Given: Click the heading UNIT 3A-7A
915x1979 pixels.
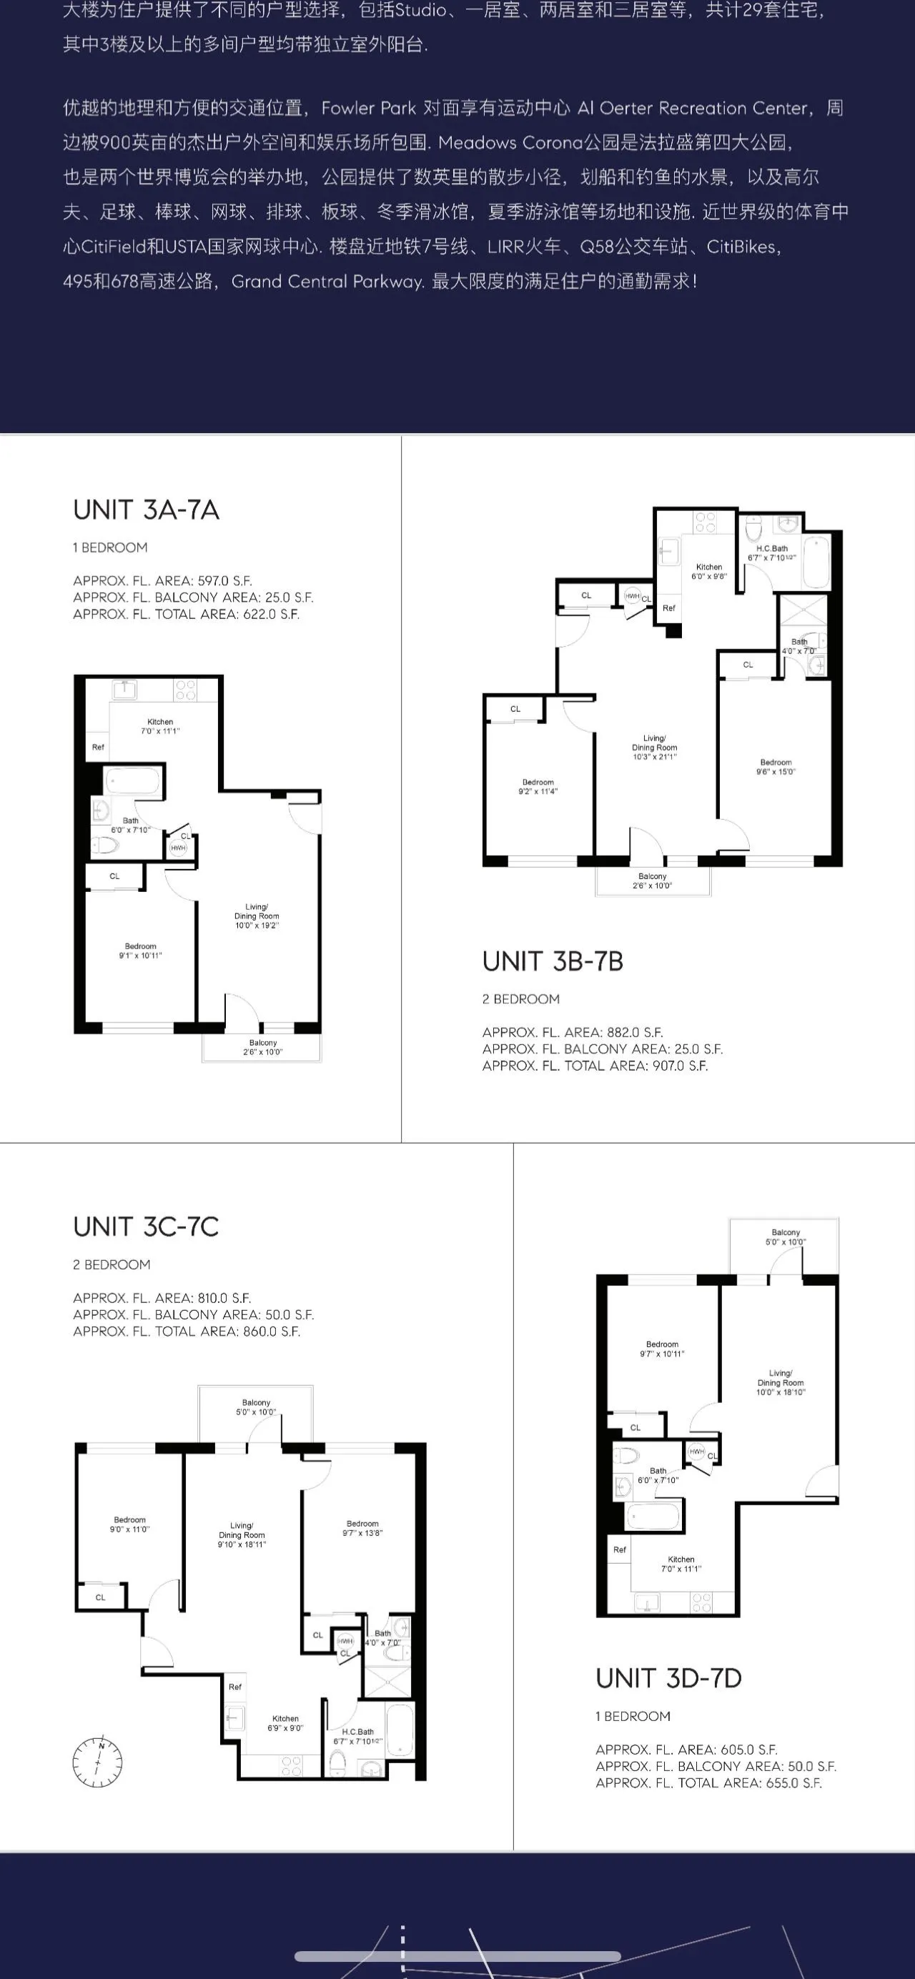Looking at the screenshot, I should [x=146, y=510].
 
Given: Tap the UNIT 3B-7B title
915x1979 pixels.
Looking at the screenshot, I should [x=553, y=961].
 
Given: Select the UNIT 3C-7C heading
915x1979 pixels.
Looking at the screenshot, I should [x=146, y=1227].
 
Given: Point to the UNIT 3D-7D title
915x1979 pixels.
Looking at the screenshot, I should [x=668, y=1678].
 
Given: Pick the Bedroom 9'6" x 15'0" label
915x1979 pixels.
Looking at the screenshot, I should [x=776, y=767].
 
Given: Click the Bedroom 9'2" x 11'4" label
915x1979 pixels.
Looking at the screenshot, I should [x=538, y=786].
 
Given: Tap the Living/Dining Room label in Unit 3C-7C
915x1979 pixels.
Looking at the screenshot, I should [x=242, y=1535].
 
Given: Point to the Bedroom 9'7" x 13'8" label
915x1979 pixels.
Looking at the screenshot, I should [x=362, y=1528].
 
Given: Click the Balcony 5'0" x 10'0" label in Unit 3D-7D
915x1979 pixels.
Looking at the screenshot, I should [x=785, y=1237].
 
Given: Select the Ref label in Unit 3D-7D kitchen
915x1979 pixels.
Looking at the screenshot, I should [x=620, y=1549].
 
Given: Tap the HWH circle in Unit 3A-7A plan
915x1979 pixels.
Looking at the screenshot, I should [x=178, y=848].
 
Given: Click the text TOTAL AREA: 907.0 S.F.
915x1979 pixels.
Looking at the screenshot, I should [x=595, y=1066].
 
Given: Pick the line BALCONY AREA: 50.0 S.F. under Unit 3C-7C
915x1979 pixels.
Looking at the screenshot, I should [x=193, y=1314].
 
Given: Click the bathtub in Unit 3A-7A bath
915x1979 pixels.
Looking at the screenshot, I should [x=133, y=781].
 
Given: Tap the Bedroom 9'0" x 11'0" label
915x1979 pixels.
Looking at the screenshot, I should [x=130, y=1524].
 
